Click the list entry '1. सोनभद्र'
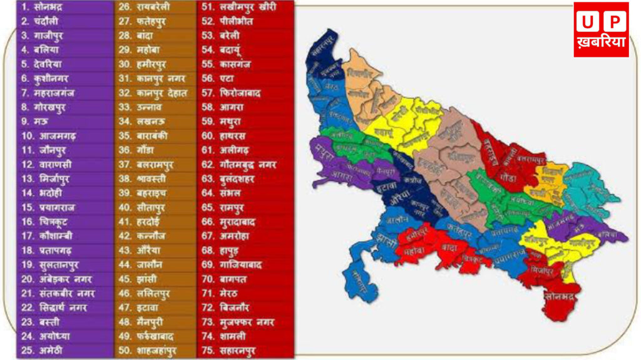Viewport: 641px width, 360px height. (x=43, y=7)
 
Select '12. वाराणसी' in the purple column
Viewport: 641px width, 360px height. (x=47, y=165)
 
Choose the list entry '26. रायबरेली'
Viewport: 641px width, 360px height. (x=145, y=7)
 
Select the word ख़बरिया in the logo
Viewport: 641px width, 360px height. (x=601, y=45)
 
